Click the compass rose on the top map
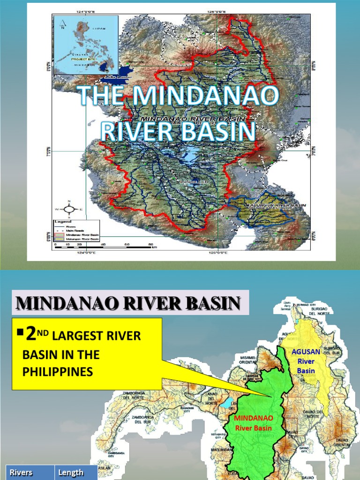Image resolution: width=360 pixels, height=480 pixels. pyautogui.click(x=69, y=209)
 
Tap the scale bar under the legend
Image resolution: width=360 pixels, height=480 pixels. pyautogui.click(x=103, y=245)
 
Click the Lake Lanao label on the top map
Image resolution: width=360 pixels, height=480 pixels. pyautogui.click(x=116, y=77)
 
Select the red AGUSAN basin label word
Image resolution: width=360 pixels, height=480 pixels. pyautogui.click(x=306, y=352)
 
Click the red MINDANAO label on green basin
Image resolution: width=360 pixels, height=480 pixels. pyautogui.click(x=254, y=417)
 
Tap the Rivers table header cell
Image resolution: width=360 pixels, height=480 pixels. pyautogui.click(x=21, y=472)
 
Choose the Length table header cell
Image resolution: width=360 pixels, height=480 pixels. pyautogui.click(x=71, y=472)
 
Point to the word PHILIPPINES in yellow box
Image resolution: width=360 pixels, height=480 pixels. pyautogui.click(x=58, y=372)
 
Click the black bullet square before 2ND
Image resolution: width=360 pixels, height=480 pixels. pyautogui.click(x=20, y=332)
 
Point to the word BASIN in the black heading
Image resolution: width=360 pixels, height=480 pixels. pyautogui.click(x=204, y=303)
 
